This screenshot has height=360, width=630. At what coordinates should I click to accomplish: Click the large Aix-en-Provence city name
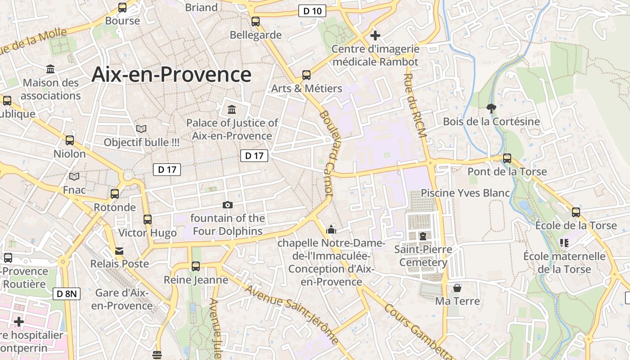coord(171,74)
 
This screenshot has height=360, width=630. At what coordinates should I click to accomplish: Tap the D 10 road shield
coord(312,11)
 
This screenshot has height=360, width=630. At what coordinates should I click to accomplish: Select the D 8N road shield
coord(67,294)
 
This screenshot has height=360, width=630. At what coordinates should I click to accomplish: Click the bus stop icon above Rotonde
coord(115,194)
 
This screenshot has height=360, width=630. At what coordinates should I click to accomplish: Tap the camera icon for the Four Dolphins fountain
coord(228,205)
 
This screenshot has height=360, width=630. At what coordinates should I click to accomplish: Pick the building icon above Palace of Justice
coord(232,109)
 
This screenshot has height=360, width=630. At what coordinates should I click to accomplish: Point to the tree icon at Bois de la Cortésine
coord(491,108)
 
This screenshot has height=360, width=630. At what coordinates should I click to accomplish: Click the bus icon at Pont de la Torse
coord(507,158)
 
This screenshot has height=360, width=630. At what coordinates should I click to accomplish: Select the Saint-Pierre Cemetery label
coord(423,256)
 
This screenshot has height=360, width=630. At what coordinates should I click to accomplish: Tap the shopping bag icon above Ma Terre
coord(457,288)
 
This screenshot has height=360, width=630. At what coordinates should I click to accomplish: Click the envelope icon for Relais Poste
coord(119,251)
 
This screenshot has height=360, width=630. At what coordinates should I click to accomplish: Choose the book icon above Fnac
coord(74,177)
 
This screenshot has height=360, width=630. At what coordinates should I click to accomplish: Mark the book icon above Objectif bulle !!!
coord(141,129)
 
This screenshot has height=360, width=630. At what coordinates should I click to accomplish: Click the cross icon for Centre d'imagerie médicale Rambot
coord(375,36)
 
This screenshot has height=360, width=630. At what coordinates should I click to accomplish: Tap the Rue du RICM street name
coord(414,103)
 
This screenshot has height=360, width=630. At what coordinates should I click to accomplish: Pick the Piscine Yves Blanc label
coord(465,193)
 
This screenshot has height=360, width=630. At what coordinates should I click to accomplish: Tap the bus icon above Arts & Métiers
coord(306,75)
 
